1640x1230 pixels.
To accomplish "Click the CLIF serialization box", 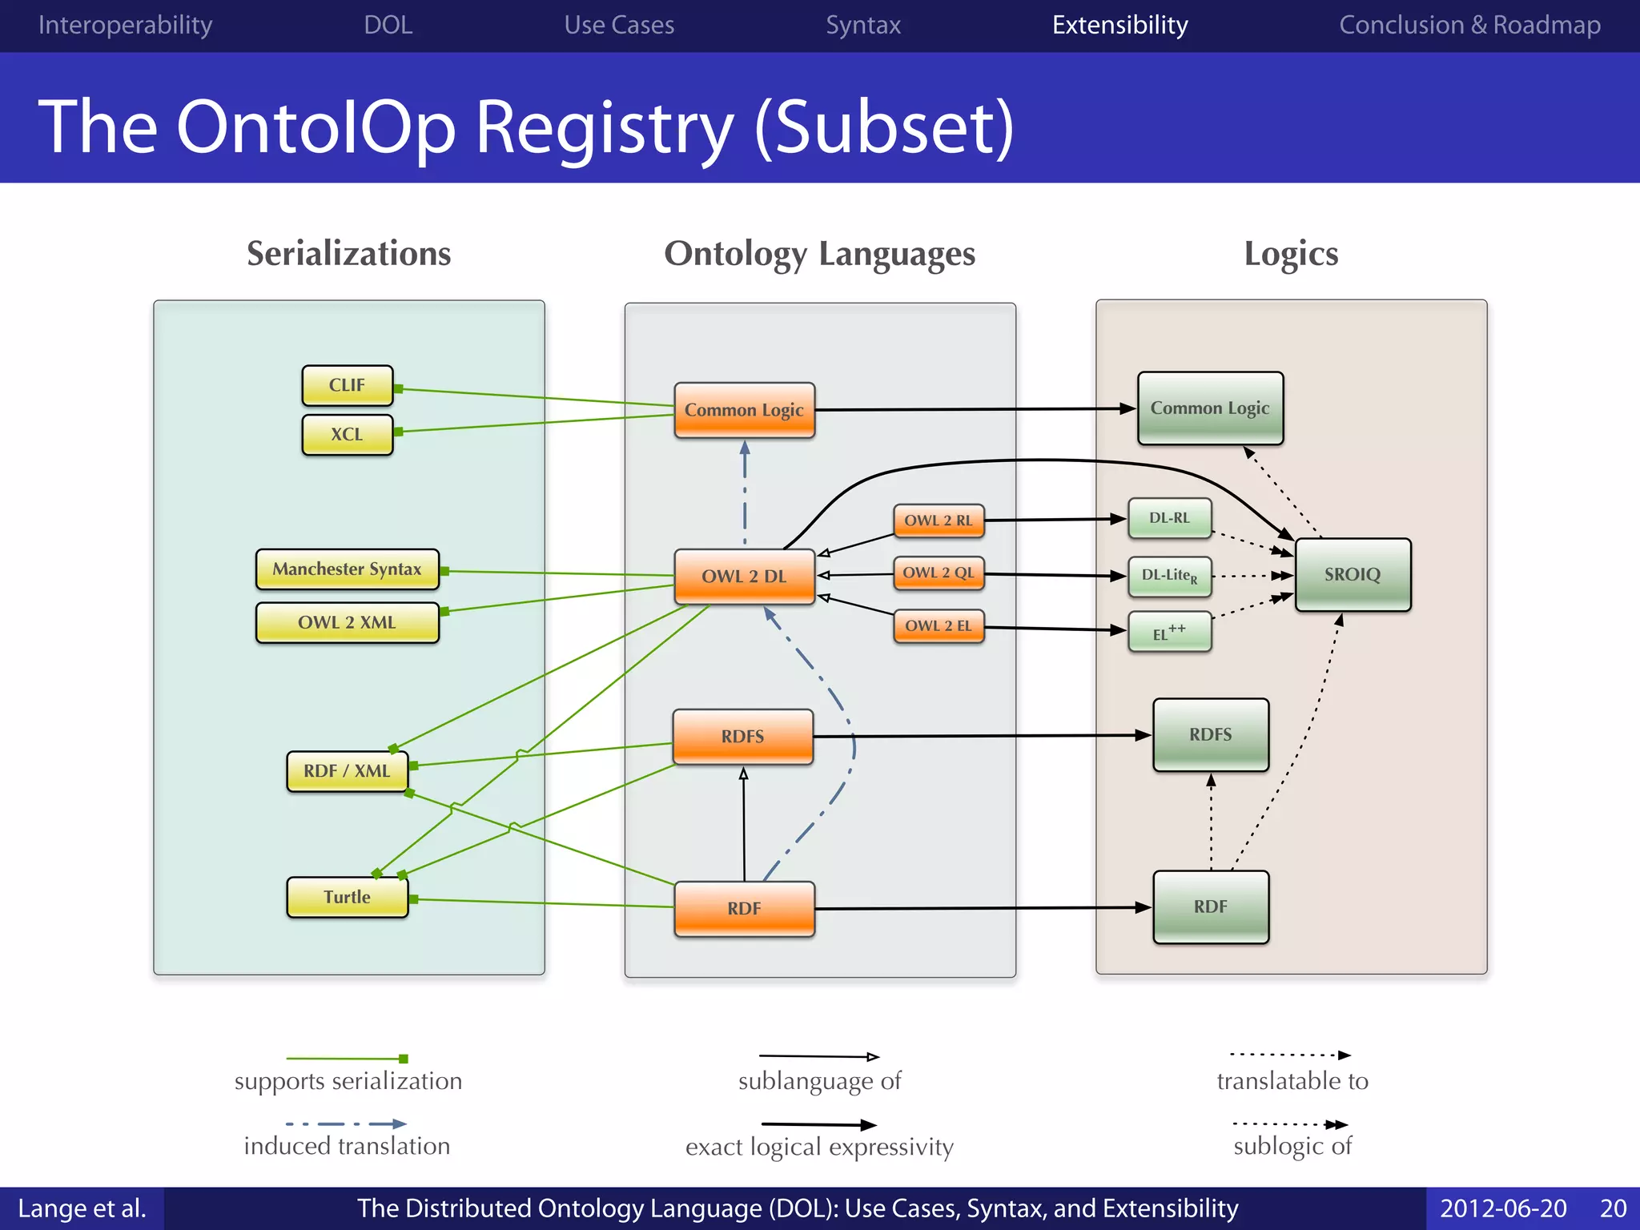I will point(347,385).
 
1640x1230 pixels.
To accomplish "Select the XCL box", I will point(347,434).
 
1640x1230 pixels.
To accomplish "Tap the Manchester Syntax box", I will point(347,569).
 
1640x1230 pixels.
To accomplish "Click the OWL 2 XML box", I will point(347,622).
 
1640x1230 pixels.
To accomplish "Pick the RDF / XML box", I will point(347,770).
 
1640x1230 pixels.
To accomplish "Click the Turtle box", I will point(347,897).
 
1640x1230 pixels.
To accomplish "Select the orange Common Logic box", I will point(744,410).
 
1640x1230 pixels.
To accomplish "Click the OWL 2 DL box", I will point(744,576).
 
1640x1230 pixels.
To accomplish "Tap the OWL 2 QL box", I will point(938,573).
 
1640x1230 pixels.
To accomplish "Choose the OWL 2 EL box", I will point(938,625).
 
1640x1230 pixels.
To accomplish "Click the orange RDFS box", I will point(742,736).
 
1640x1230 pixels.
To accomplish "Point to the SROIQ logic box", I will point(1353,574).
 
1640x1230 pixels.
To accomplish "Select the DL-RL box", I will point(1169,518).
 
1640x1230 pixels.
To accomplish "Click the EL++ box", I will point(1169,633).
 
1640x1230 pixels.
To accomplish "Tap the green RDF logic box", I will point(1210,906).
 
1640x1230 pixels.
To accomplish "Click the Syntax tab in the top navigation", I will point(863,25).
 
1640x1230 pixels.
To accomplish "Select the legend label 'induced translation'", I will point(347,1146).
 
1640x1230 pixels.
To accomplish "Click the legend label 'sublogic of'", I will point(1292,1146).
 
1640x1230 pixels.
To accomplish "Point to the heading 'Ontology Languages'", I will point(819,254).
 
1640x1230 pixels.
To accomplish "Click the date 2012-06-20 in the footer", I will point(1503,1208).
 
